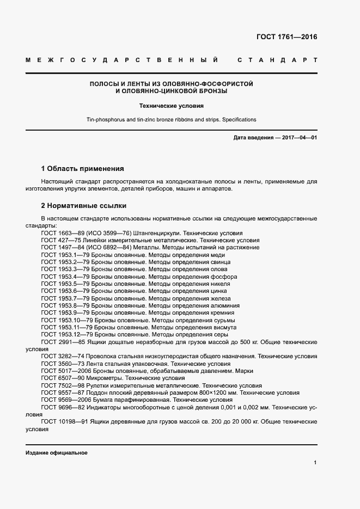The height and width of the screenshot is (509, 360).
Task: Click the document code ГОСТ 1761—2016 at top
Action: [x=286, y=37]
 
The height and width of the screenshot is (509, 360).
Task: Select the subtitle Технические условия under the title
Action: [x=171, y=106]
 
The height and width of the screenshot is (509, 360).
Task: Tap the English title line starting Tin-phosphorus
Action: [x=171, y=119]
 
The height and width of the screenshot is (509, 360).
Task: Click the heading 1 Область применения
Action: [x=83, y=169]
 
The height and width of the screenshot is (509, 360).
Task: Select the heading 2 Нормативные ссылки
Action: [x=84, y=206]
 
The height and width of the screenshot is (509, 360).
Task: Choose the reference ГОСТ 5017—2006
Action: [x=62, y=370]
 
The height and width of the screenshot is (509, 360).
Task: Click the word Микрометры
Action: [x=105, y=377]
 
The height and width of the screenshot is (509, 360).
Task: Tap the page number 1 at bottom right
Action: [x=315, y=462]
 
